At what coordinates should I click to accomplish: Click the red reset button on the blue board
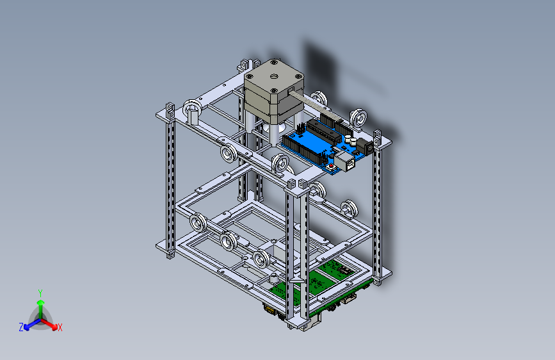click(330, 166)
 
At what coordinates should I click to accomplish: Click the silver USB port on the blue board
click(345, 161)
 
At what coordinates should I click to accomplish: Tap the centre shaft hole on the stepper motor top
click(273, 76)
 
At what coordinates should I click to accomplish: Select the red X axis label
click(60, 327)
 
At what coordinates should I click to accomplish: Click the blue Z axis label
click(21, 327)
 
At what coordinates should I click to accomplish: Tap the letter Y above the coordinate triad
click(40, 293)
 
